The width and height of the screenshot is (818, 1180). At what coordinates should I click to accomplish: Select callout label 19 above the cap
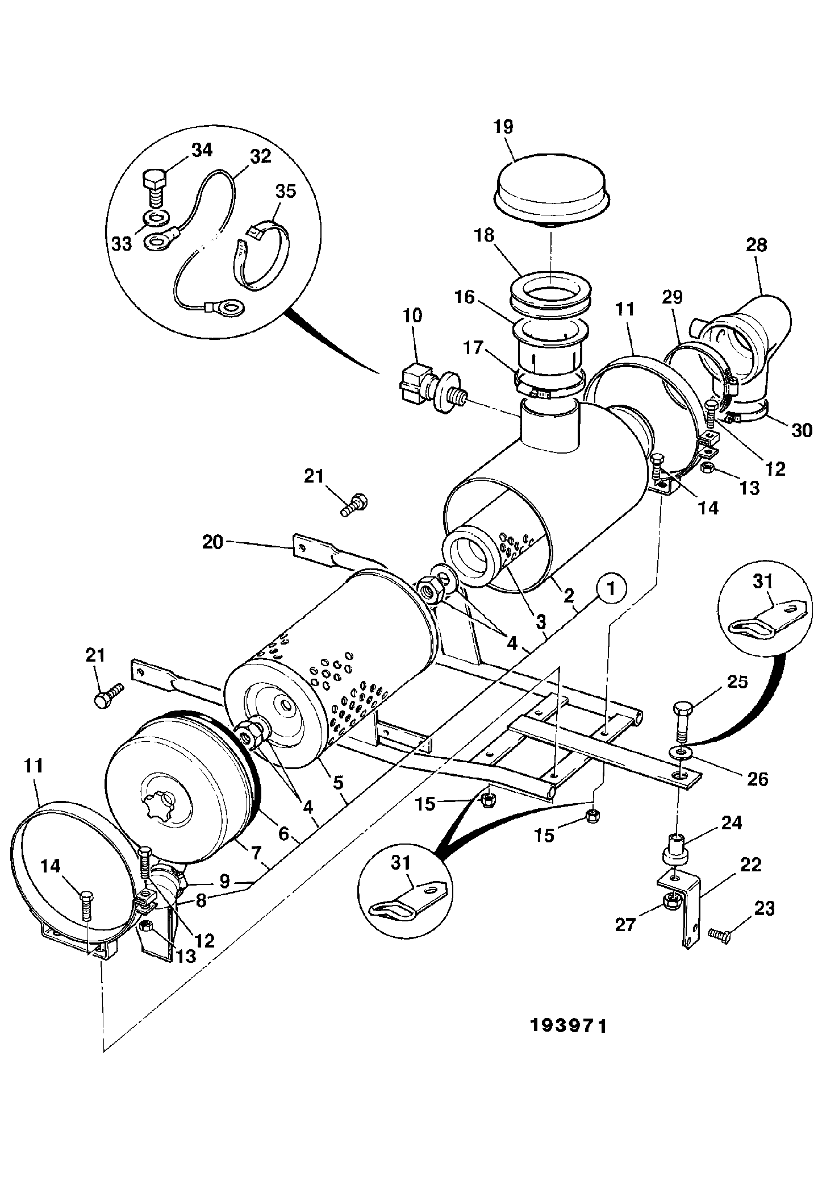503,126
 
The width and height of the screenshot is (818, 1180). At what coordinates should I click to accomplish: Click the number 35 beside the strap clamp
286,192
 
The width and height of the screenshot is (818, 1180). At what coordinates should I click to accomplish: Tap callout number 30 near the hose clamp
802,431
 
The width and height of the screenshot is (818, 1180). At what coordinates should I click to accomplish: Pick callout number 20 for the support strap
213,543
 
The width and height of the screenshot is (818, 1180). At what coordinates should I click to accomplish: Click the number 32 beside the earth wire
260,156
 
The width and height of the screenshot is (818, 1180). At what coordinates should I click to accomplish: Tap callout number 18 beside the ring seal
485,235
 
